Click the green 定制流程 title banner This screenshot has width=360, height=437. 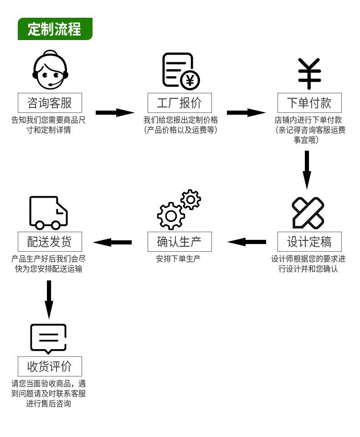55,29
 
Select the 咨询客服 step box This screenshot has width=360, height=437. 50,103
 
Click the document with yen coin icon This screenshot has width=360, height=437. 180,71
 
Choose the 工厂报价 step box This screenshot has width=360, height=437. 180,103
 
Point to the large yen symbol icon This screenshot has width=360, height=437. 309,73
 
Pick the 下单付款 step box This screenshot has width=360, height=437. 309,103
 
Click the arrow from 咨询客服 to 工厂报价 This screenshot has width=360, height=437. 115,112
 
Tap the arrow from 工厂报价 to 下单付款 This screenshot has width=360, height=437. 246,112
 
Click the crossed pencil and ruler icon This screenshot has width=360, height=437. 308,213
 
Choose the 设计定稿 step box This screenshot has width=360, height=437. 309,241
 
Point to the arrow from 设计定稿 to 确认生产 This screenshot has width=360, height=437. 247,242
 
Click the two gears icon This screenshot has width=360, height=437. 178,209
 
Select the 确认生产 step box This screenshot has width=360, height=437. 180,241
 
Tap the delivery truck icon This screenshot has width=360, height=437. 48,213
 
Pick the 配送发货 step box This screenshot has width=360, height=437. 50,241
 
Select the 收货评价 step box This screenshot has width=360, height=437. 50,366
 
